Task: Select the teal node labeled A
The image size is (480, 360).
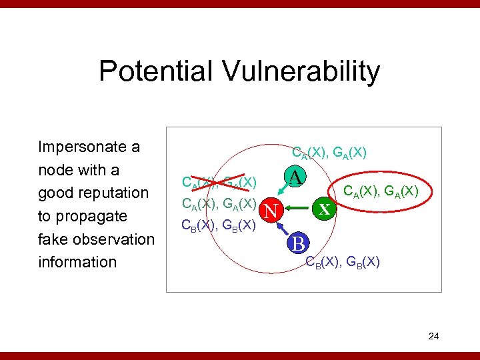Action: (296, 177)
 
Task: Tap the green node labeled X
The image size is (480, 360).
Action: (324, 209)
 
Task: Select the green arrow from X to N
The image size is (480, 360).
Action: (298, 210)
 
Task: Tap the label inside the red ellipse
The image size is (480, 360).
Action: (380, 192)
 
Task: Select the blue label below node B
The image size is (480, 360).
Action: (343, 261)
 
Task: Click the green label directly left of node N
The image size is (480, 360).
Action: (219, 203)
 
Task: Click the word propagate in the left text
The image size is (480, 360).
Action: (93, 216)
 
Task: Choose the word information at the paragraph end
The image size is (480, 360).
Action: (77, 262)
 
